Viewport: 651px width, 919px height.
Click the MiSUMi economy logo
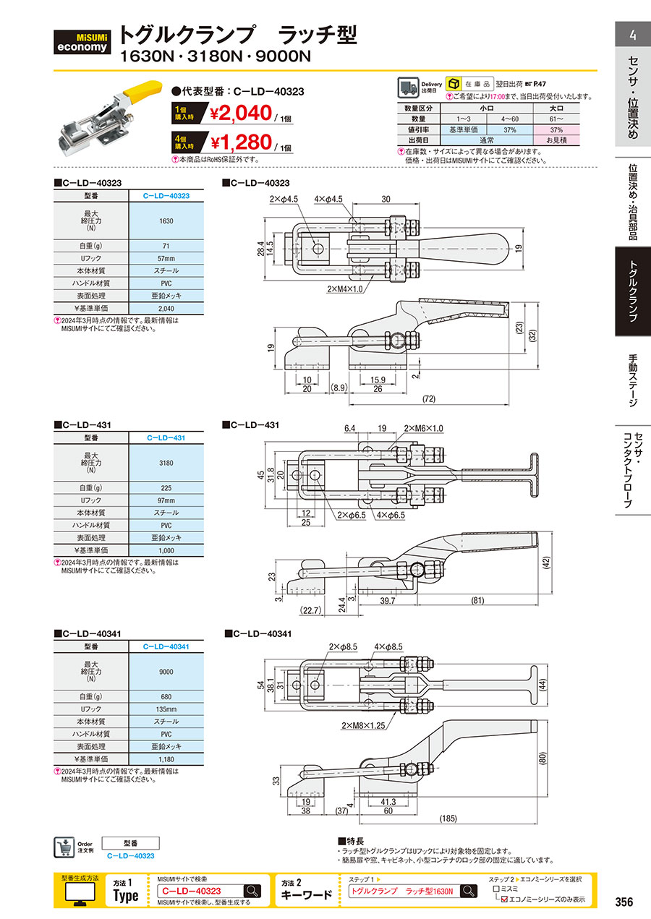(x=83, y=40)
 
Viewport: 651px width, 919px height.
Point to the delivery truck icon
(x=409, y=87)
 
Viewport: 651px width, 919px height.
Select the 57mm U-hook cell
(x=166, y=258)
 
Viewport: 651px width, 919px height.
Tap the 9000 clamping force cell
(x=166, y=672)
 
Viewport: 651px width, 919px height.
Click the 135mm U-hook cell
(x=166, y=709)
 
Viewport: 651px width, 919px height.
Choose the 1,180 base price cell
(x=166, y=759)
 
